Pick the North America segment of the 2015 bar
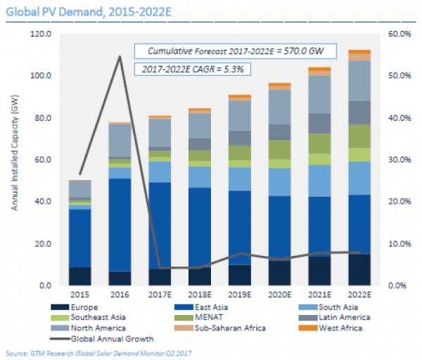click(x=79, y=189)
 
